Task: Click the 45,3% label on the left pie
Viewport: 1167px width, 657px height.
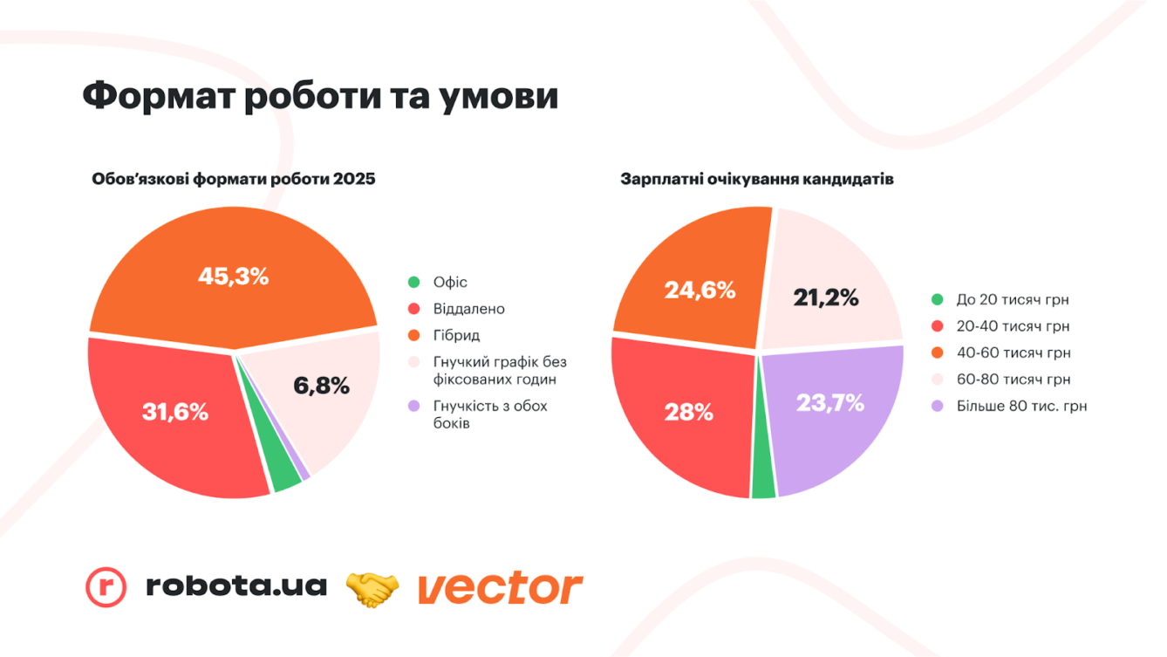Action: tap(233, 277)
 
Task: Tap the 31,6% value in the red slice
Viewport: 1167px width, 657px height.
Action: tap(175, 412)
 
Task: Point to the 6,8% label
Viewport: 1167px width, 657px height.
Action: tap(321, 385)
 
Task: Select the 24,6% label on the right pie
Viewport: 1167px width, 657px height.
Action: tap(700, 290)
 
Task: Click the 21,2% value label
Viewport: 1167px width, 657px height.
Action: tap(826, 298)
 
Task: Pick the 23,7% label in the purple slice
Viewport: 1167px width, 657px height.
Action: tap(829, 402)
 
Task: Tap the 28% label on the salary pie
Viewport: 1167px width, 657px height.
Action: tap(689, 413)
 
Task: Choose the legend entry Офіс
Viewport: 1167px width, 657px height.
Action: tap(450, 282)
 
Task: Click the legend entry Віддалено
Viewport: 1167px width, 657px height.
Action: tap(468, 309)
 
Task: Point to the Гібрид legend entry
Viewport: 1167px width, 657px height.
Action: tap(456, 335)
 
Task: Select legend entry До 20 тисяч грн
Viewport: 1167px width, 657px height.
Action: tap(1012, 299)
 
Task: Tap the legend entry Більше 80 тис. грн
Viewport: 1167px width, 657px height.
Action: tap(1021, 406)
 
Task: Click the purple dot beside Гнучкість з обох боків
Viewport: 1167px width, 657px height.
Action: tap(414, 406)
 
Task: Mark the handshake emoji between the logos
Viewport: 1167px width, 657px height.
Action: tap(372, 589)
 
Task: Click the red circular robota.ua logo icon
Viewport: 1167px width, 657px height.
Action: tap(106, 586)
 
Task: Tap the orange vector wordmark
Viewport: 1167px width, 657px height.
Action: tap(500, 588)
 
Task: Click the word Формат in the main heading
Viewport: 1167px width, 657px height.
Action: tap(154, 95)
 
